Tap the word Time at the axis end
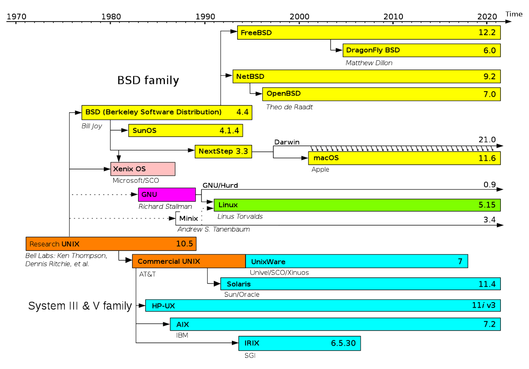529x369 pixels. click(514, 14)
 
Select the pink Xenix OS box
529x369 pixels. click(142, 169)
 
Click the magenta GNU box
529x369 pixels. click(167, 194)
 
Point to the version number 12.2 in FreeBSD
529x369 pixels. click(487, 33)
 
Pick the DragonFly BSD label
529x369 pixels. click(373, 50)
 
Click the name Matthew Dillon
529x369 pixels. click(369, 63)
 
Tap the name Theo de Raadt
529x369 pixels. click(289, 107)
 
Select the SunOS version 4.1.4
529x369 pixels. click(229, 131)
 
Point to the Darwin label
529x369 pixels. click(287, 142)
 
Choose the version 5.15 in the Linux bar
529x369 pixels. click(487, 205)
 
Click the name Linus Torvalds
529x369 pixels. click(240, 216)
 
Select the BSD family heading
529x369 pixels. click(148, 81)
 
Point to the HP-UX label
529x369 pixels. click(163, 306)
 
